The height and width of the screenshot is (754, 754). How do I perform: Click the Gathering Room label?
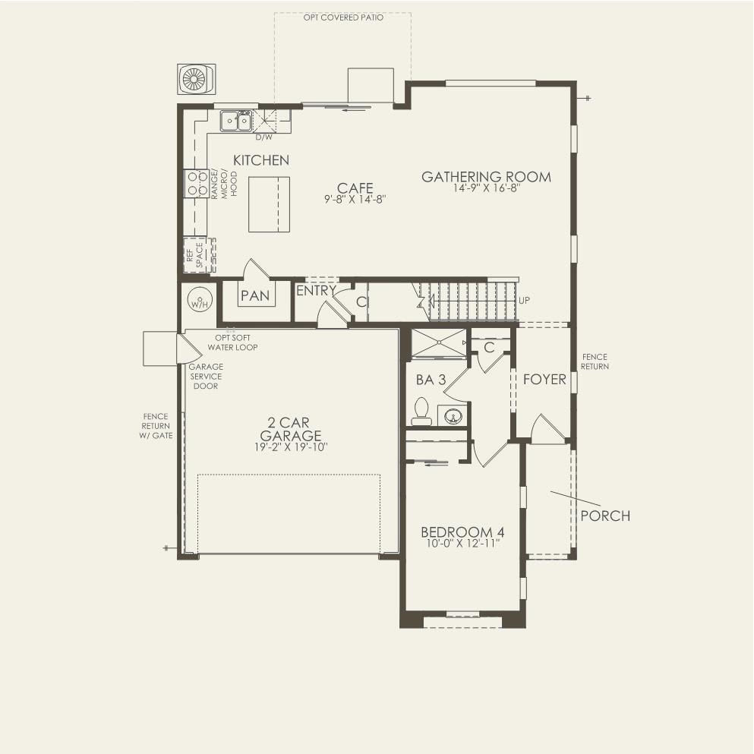pyautogui.click(x=486, y=177)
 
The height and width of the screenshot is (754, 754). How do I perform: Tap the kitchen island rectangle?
pyautogui.click(x=269, y=203)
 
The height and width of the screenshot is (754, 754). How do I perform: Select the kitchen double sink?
pyautogui.click(x=236, y=121)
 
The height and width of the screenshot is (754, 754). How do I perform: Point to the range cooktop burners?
pyautogui.click(x=197, y=183)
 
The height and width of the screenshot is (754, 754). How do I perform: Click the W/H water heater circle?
pyautogui.click(x=199, y=304)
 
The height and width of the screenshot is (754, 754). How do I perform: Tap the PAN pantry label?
pyautogui.click(x=255, y=295)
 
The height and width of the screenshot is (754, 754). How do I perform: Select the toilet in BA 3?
pyautogui.click(x=421, y=413)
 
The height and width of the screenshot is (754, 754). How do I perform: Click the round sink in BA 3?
pyautogui.click(x=453, y=416)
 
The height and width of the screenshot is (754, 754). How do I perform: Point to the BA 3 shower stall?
pyautogui.click(x=439, y=342)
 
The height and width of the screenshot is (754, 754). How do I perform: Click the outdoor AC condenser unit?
pyautogui.click(x=197, y=80)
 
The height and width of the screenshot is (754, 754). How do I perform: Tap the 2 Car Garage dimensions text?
pyautogui.click(x=291, y=448)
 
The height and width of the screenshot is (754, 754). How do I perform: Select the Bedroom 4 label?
pyautogui.click(x=462, y=532)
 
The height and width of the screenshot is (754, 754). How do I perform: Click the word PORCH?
pyautogui.click(x=605, y=516)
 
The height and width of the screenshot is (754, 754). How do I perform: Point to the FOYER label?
pyautogui.click(x=544, y=379)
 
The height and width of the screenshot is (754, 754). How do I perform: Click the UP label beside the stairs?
pyautogui.click(x=523, y=300)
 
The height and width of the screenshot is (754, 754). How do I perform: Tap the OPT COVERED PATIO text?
pyautogui.click(x=343, y=17)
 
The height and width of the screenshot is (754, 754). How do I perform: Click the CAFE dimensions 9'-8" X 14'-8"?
pyautogui.click(x=355, y=200)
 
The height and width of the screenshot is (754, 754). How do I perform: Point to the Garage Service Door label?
pyautogui.click(x=205, y=376)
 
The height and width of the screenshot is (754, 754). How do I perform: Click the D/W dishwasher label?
pyautogui.click(x=263, y=137)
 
